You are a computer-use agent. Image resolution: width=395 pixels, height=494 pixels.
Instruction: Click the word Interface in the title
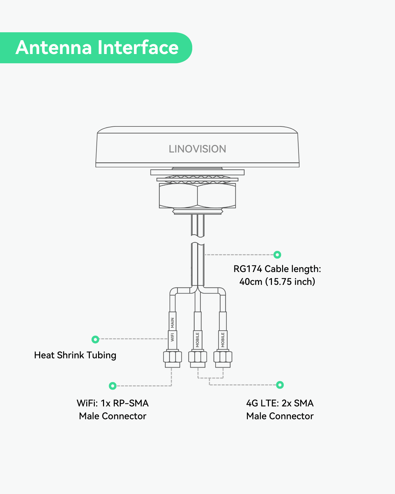click(x=138, y=47)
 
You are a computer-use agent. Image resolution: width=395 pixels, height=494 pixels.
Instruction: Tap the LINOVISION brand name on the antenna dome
click(x=197, y=149)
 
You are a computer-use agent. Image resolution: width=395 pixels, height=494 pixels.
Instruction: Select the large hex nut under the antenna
click(x=197, y=196)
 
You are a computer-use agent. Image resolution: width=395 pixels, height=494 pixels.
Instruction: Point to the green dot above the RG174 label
click(x=277, y=255)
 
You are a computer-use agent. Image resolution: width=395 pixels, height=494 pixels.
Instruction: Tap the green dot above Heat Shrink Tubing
click(x=95, y=339)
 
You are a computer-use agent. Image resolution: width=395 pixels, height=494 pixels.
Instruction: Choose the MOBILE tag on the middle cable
click(x=197, y=340)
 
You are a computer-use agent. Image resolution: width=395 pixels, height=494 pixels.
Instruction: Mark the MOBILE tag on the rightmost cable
click(x=223, y=340)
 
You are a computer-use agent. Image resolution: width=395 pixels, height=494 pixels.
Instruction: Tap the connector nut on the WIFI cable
click(x=172, y=357)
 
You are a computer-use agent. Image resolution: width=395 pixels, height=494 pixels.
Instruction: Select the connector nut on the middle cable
click(x=197, y=357)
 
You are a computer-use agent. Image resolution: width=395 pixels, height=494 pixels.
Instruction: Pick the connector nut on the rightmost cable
click(x=223, y=357)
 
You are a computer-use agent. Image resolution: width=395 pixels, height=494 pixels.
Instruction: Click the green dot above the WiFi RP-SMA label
click(x=113, y=386)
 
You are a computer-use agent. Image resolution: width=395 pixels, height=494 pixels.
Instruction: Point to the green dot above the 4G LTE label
click(x=280, y=385)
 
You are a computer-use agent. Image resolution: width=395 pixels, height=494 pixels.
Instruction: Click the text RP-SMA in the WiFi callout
click(x=131, y=403)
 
